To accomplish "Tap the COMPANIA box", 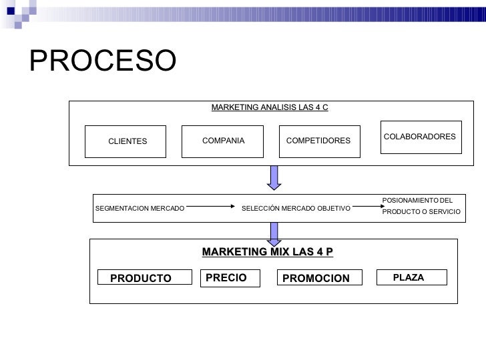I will click(x=223, y=141).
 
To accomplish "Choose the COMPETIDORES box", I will click(x=318, y=141).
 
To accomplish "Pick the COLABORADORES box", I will click(x=420, y=137).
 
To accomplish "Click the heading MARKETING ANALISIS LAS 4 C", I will click(x=270, y=107).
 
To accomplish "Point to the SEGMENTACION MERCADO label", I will click(x=140, y=209).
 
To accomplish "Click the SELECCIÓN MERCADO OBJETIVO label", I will click(x=296, y=209).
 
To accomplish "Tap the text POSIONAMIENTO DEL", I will click(x=417, y=199).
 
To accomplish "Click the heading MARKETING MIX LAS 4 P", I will click(x=267, y=251).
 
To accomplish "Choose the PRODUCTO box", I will click(x=141, y=278).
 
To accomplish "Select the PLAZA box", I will click(x=409, y=277).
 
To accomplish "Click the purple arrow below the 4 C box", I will click(x=274, y=177).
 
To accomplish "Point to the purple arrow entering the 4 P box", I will click(x=274, y=232).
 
